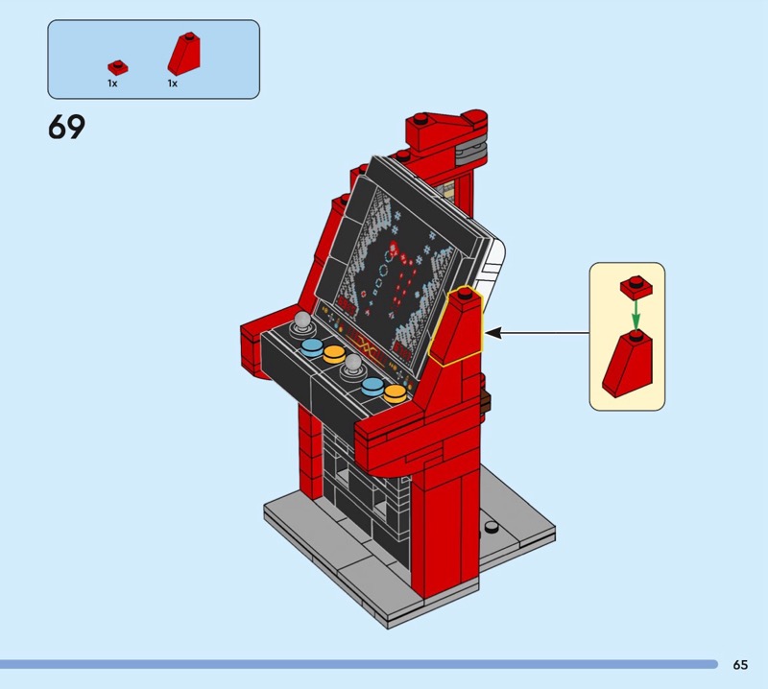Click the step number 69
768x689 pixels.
(x=66, y=127)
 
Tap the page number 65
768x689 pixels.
(x=740, y=664)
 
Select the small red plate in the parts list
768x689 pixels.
(x=118, y=67)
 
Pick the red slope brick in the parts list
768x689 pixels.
(x=183, y=54)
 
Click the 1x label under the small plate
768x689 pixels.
(x=112, y=83)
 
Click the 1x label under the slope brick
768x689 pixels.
(x=173, y=83)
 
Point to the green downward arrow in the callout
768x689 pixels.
(x=636, y=315)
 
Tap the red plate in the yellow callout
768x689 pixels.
(x=636, y=288)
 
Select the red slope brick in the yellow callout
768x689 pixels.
(x=628, y=364)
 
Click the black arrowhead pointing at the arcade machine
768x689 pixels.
(x=493, y=333)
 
